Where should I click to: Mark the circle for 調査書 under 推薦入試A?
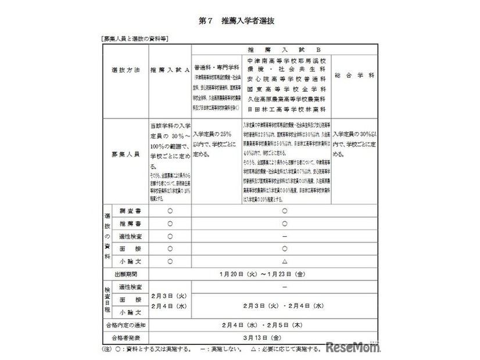(x=170, y=210)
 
